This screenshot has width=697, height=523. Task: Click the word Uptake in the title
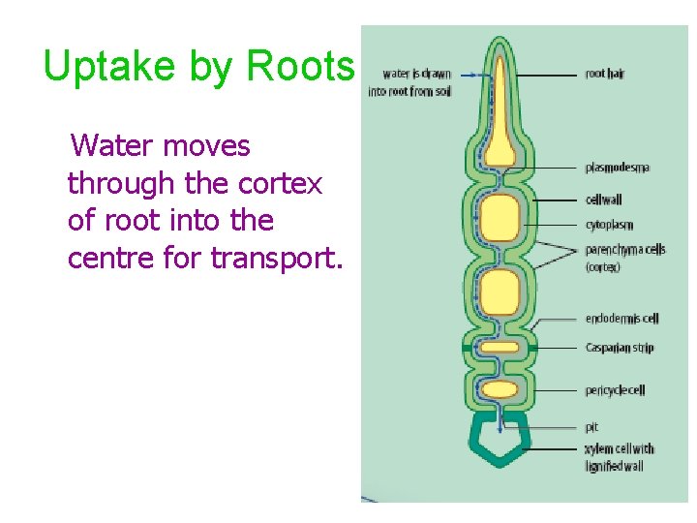95,66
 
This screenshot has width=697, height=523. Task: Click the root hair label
605,74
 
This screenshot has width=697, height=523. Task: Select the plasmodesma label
617,168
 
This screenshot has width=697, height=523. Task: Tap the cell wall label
604,200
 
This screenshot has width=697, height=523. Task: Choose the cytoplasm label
609,226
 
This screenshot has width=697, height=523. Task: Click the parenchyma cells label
624,250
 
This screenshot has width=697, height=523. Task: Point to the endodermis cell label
621,319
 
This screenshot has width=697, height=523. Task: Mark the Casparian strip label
620,348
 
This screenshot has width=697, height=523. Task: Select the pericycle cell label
615,390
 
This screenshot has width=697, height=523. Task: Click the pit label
591,427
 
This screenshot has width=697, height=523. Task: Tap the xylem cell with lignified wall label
620,457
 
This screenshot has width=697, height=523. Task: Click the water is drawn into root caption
409,82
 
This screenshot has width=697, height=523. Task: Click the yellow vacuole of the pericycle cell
500,389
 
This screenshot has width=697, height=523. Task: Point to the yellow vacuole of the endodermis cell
500,347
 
